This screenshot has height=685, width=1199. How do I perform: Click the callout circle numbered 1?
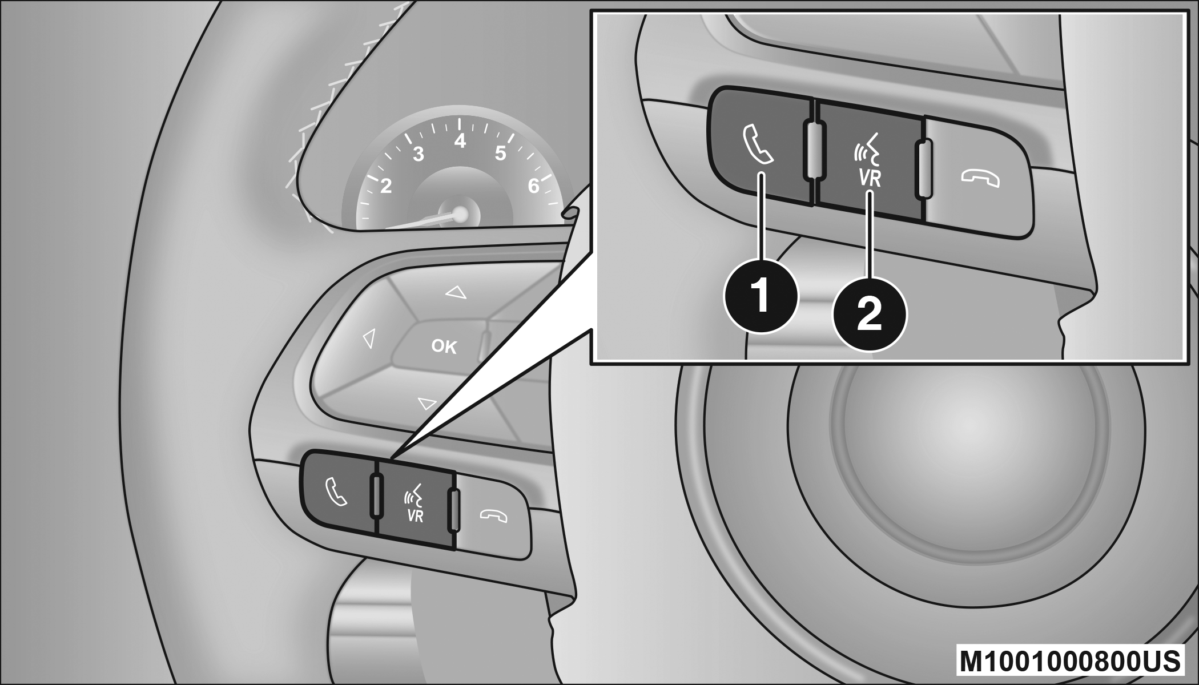point(761,297)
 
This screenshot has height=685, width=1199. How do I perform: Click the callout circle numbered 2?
point(870,315)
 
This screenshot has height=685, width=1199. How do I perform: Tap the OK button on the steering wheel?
point(444,346)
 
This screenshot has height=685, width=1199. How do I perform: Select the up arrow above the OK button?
point(456,293)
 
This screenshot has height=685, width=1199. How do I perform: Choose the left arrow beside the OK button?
point(369,339)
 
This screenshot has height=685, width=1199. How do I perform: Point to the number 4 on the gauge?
point(460,140)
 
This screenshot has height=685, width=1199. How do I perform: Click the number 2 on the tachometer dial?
point(386,186)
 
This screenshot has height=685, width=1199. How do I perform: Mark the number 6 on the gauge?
point(534,186)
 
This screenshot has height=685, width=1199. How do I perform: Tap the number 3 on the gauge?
point(419,154)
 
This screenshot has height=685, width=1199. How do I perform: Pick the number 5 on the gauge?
point(501,154)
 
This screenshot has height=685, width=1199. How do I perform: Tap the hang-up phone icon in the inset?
point(980,179)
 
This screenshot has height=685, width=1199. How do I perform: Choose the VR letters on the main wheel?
point(416,515)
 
